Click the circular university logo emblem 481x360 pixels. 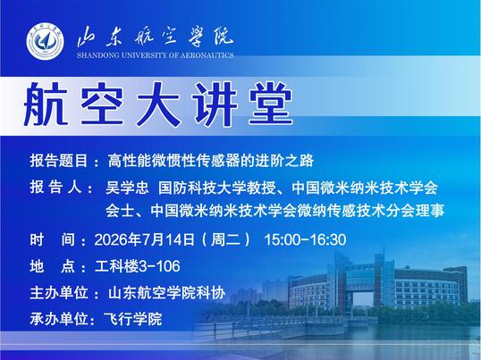[45, 41]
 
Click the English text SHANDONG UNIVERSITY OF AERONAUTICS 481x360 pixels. [156, 55]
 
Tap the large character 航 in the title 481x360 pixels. [46, 104]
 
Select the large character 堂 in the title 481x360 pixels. [271, 104]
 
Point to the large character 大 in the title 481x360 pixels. [158, 104]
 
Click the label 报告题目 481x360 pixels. [59, 161]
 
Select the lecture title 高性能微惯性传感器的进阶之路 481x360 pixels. [210, 161]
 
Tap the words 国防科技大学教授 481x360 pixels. [216, 188]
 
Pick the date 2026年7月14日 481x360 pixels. [144, 239]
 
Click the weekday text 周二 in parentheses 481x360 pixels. [225, 239]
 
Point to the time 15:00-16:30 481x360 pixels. [305, 239]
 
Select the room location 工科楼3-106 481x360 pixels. [138, 266]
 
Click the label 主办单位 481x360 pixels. [59, 293]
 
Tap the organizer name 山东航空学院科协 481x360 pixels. [166, 293]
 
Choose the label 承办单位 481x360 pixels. [59, 319]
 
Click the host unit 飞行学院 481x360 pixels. [133, 319]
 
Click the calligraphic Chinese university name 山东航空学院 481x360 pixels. [156, 38]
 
